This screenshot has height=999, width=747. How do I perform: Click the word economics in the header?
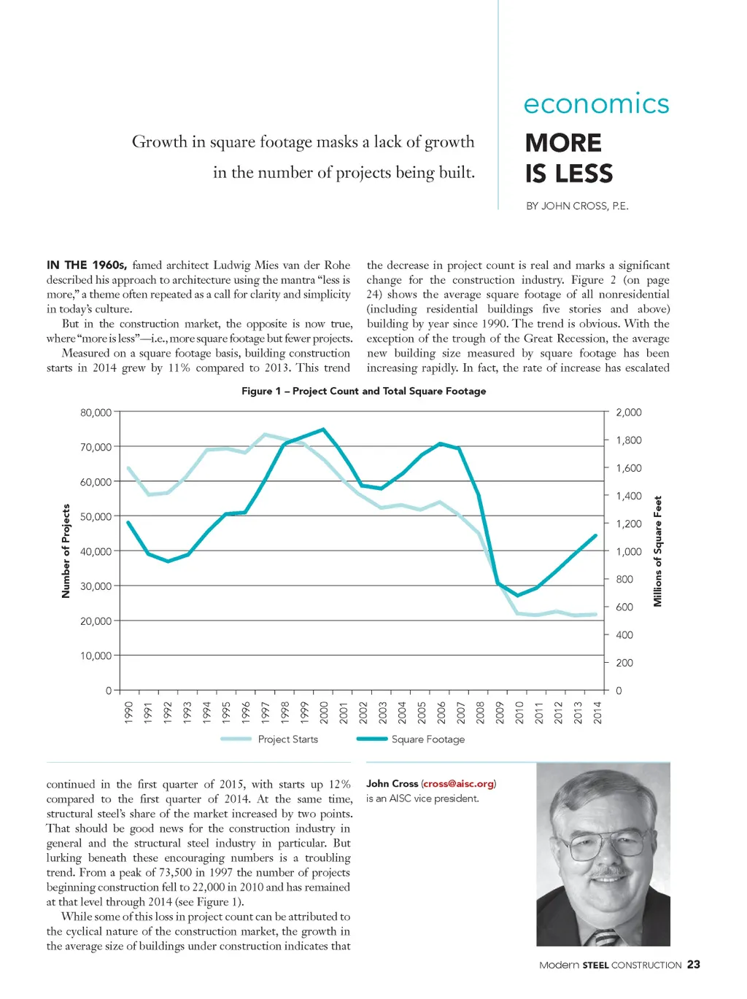596,104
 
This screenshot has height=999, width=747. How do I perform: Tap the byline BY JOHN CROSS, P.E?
577,206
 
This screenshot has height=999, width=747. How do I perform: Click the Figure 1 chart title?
363,391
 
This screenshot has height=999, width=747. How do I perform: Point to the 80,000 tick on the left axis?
96,413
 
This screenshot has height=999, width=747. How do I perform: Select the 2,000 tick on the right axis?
628,413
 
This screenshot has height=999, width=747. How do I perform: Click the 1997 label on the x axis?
266,712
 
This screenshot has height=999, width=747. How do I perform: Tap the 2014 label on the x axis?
597,712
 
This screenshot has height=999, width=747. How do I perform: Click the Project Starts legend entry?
287,739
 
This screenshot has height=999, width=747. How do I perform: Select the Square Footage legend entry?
427,739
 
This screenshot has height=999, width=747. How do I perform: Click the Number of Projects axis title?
66,551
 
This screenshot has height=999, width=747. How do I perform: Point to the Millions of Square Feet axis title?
658,551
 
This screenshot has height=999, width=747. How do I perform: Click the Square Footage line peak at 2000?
323,429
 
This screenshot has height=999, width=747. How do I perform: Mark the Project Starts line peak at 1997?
265,435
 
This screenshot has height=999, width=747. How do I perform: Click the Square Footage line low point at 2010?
518,596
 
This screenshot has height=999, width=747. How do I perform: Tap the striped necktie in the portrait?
605,938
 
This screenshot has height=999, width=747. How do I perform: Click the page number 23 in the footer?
694,965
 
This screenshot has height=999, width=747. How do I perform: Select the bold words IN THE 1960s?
87,265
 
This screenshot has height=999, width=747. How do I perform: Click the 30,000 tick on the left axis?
96,586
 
